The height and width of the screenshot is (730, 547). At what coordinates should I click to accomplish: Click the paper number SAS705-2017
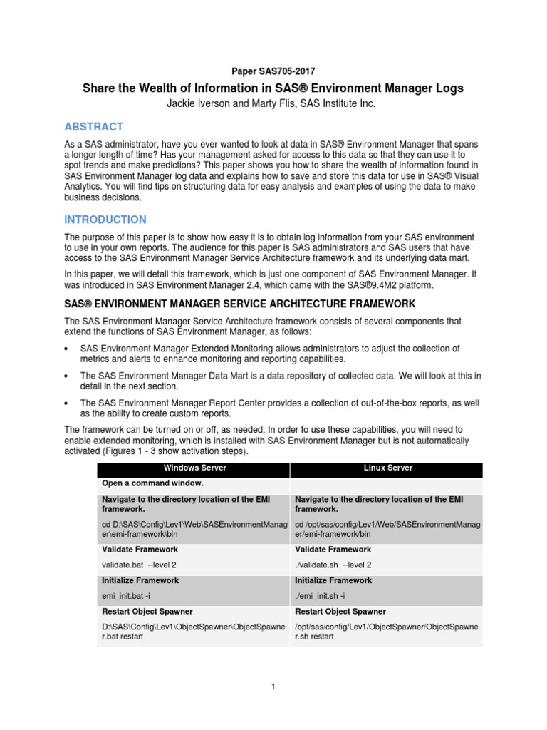[273, 71]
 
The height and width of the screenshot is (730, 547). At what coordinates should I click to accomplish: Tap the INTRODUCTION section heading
[105, 220]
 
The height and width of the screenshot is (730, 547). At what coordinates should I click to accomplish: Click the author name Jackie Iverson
[211, 104]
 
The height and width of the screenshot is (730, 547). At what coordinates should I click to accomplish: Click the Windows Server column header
[194, 468]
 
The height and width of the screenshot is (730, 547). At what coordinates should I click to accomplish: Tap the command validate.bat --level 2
[140, 565]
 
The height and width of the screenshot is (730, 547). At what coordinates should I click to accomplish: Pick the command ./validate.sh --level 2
[333, 565]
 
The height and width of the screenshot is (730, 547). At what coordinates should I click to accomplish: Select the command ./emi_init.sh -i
[325, 595]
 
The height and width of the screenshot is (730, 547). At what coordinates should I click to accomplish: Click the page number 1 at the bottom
[273, 687]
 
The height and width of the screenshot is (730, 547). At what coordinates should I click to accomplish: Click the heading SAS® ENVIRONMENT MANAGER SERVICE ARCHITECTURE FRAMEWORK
[239, 304]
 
